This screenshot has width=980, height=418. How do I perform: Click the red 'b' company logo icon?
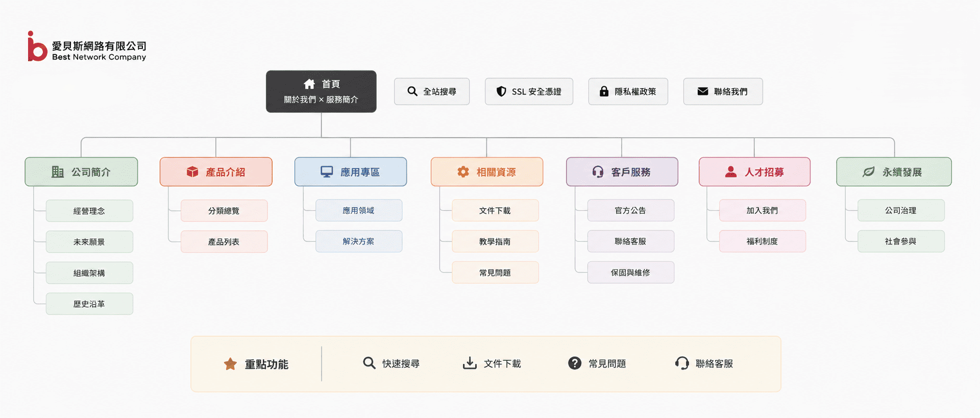[37, 47]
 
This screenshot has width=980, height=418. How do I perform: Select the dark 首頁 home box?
[321, 91]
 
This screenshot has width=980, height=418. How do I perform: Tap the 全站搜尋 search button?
[432, 91]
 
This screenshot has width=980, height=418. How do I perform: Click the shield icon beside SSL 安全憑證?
[501, 91]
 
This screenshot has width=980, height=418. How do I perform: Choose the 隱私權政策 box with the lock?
[628, 91]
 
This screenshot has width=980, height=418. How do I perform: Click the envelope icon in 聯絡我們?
[703, 91]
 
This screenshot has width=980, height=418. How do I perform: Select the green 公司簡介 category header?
[81, 172]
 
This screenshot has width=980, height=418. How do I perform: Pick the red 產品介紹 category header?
[216, 172]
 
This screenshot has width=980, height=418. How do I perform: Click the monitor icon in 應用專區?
[327, 172]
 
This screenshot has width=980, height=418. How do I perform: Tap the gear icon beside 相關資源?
[463, 172]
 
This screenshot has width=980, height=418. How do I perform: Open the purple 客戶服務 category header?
[622, 172]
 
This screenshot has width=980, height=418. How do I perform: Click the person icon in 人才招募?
[731, 172]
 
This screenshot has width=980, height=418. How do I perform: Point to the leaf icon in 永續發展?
[869, 172]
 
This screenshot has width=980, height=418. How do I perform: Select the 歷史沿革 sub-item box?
[89, 304]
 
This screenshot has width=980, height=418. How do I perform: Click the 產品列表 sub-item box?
[224, 242]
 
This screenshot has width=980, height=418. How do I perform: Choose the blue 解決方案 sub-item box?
[359, 241]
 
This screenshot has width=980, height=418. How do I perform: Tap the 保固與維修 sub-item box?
[631, 273]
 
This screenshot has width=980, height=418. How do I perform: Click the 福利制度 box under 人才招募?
[763, 241]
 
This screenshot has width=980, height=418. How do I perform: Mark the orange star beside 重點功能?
[230, 364]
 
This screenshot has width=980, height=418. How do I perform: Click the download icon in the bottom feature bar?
[470, 363]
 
